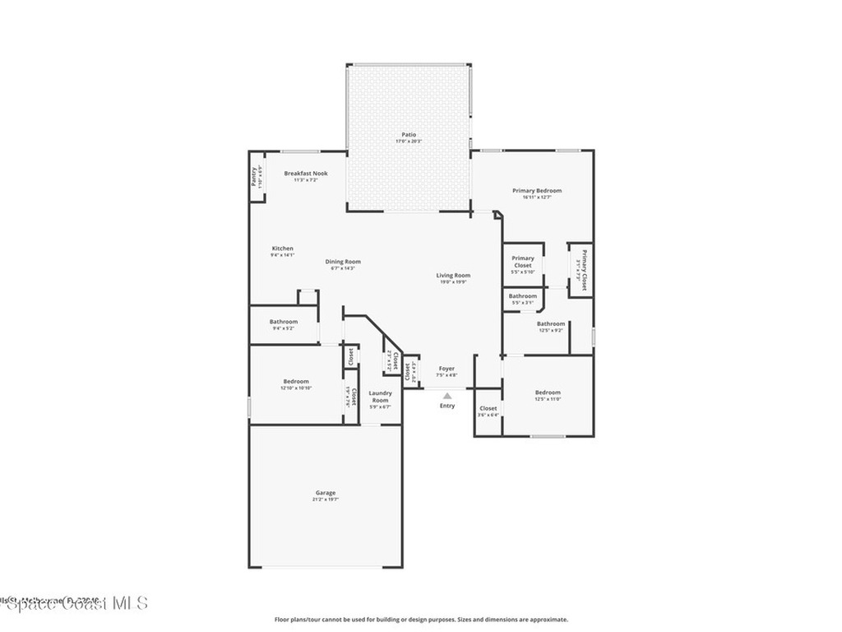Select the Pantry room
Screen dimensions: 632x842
(x=256, y=177)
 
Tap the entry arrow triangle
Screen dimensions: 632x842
(x=446, y=396)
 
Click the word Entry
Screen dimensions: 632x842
(x=446, y=406)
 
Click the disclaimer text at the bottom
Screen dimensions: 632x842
(x=420, y=620)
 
